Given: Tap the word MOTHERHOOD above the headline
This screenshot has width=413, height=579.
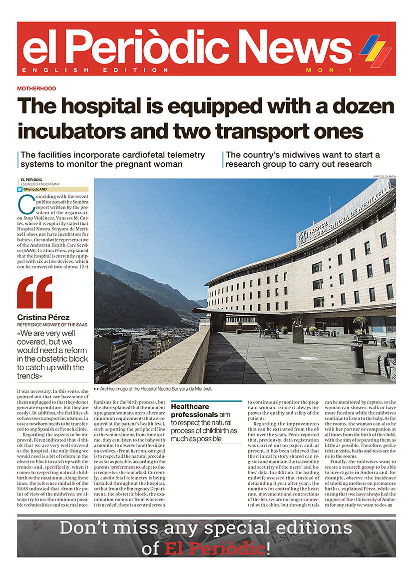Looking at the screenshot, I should (36, 88).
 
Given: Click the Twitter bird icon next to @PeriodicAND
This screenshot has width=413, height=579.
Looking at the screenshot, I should (20, 189).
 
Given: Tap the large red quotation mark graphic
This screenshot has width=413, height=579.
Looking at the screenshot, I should (34, 292).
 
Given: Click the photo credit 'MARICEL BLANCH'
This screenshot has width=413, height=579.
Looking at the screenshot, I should (384, 176).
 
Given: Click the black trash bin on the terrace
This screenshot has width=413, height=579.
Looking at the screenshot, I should (357, 356).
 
